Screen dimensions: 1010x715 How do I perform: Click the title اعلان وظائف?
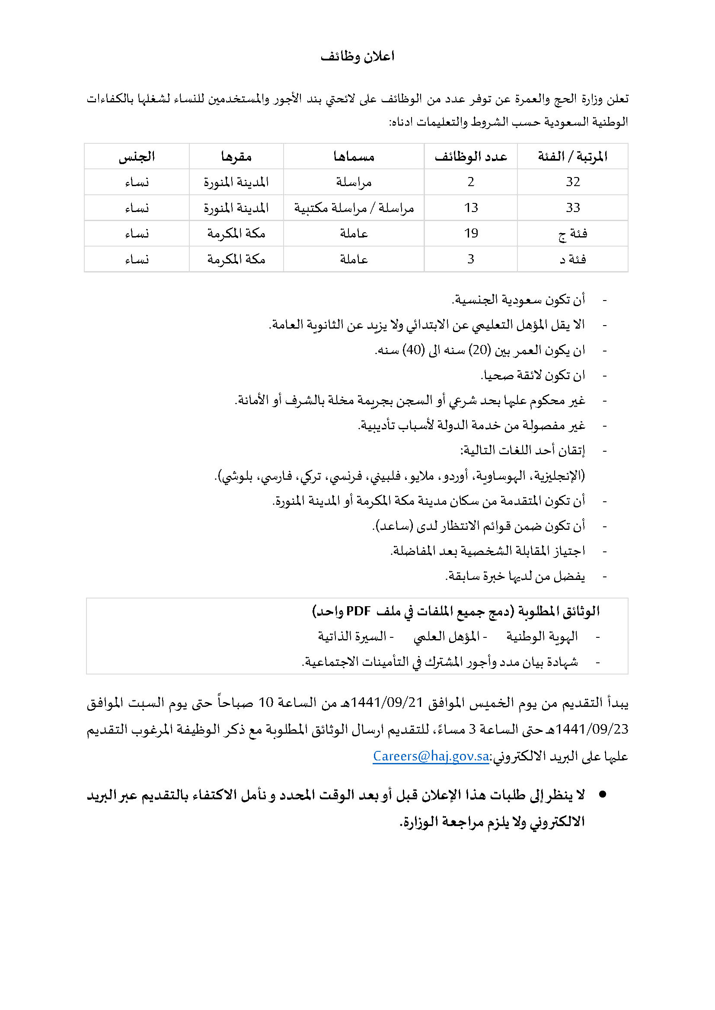[x=357, y=57]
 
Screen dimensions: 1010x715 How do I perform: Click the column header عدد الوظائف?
[x=471, y=157]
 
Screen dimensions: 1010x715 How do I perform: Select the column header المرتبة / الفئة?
[x=572, y=157]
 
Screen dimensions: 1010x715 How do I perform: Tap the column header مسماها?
[x=354, y=157]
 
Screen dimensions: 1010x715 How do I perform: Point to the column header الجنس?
[x=137, y=157]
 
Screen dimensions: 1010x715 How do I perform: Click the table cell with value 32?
[x=573, y=182]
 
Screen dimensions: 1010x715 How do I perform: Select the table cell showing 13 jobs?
[x=471, y=208]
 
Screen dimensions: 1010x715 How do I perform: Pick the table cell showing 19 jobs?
[x=471, y=234]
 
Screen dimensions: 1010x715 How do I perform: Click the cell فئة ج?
[x=572, y=234]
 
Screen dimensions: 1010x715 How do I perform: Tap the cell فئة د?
[x=572, y=260]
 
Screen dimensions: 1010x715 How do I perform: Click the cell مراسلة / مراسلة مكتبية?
[x=354, y=208]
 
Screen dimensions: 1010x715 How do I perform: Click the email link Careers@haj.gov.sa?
[x=431, y=756]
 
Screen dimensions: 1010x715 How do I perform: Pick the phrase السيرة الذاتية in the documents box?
[x=352, y=636]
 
